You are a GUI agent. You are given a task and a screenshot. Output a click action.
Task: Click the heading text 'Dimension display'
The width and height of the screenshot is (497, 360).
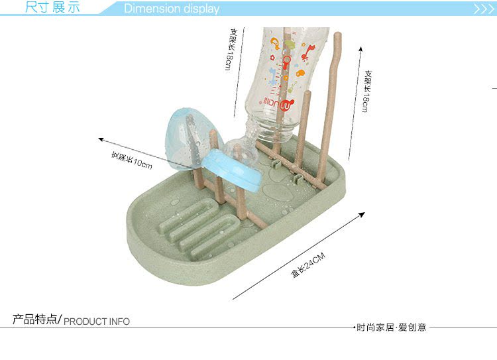(x=172, y=9)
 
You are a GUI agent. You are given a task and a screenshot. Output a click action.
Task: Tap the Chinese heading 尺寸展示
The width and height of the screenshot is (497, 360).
(x=52, y=8)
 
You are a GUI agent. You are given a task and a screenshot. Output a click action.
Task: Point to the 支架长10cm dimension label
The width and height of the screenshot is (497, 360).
(x=132, y=160)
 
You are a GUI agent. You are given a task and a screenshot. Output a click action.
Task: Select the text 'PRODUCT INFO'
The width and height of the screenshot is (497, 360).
(x=97, y=322)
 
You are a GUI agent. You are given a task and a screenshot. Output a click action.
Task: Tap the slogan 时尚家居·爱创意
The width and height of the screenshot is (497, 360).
(x=392, y=327)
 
